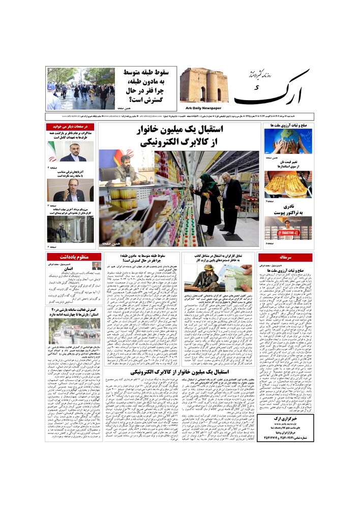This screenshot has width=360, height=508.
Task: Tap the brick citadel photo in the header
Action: click(x=204, y=85)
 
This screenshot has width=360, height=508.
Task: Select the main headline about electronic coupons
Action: click(x=180, y=136)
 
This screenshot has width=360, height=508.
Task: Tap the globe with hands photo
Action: click(x=287, y=141)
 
